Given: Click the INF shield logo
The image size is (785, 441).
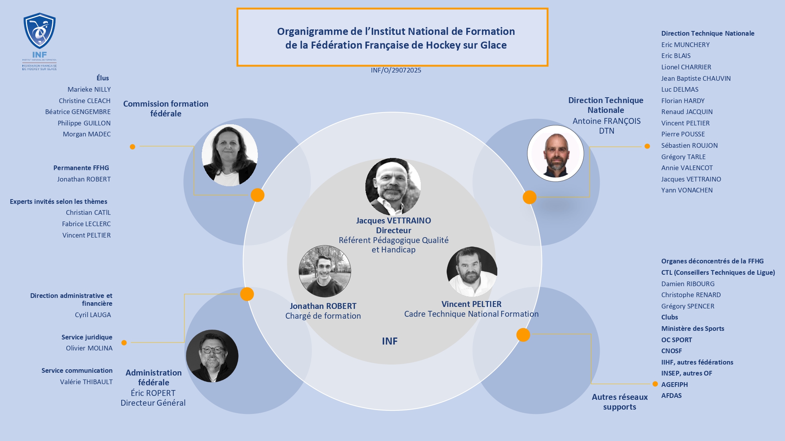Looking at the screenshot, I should [39, 31].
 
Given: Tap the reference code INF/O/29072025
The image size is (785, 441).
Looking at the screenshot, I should [396, 71].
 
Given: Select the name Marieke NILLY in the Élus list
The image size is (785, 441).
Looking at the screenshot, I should [89, 90].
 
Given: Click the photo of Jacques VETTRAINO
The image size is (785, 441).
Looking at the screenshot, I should [393, 187].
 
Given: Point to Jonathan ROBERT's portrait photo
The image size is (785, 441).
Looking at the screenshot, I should [325, 271].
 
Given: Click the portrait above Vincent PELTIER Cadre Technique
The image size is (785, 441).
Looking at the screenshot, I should [472, 271].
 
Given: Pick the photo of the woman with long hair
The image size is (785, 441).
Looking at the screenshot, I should [230, 155].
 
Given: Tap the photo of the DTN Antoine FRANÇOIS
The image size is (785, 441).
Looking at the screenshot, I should [555, 153].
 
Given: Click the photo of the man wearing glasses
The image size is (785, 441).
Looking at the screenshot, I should [212, 356].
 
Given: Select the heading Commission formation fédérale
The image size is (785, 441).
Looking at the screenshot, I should [166, 109].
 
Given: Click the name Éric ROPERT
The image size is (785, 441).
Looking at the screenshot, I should [153, 393].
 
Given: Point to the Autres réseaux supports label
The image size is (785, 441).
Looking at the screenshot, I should [620, 402].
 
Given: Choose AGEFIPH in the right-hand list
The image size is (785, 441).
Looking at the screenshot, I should [674, 385].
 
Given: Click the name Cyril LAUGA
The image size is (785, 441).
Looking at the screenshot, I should [93, 315].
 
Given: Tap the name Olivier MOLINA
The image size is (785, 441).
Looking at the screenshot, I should [89, 348].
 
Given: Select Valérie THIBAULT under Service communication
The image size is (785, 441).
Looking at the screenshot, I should [86, 382].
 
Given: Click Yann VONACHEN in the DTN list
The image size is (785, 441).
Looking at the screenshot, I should [687, 191].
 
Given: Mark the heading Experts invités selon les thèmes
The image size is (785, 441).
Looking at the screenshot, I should [58, 201].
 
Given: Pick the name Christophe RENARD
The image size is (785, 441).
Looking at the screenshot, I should [691, 295].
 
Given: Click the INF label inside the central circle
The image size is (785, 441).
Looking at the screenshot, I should [390, 341].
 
